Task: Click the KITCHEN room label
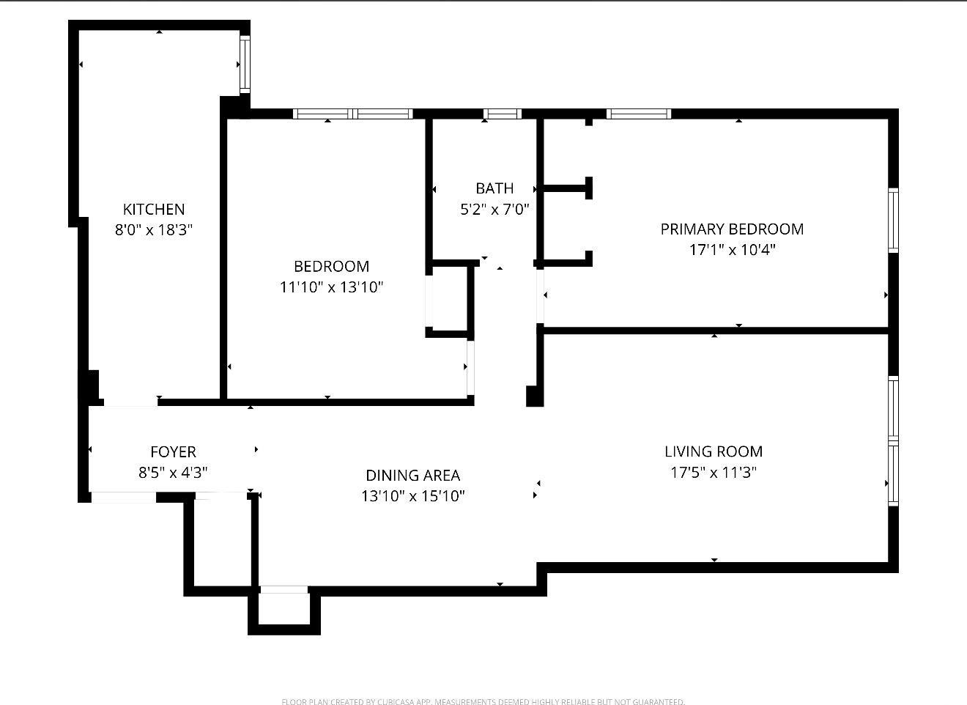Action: click(154, 210)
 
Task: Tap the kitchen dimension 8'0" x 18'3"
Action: click(154, 230)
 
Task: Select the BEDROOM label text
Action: click(331, 267)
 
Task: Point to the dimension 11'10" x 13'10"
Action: click(331, 287)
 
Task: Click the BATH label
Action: click(494, 189)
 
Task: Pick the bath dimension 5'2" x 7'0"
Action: click(494, 210)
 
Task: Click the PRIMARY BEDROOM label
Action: click(732, 229)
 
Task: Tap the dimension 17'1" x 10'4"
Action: click(732, 250)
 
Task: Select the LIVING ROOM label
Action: click(714, 452)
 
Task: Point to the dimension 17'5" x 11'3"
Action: click(714, 473)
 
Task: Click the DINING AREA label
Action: click(413, 476)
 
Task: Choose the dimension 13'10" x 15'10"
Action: click(413, 496)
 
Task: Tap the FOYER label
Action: click(173, 452)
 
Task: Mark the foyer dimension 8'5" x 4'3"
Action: click(173, 473)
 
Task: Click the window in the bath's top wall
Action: click(503, 114)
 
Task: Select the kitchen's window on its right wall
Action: click(245, 64)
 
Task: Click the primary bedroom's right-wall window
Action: click(893, 221)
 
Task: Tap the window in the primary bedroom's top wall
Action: click(639, 114)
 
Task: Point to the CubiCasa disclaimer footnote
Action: click(483, 701)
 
